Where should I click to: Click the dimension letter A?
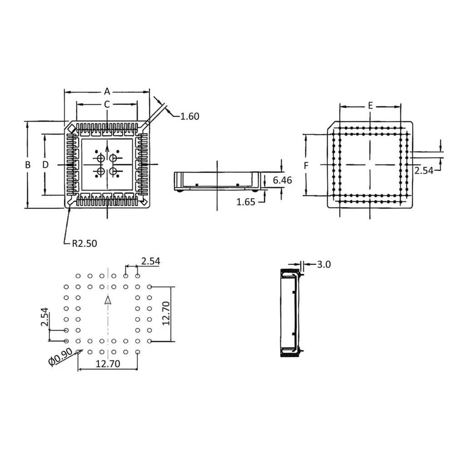[107, 90]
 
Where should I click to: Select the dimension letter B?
[28, 165]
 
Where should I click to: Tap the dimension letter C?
[107, 104]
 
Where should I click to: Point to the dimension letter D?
[45, 165]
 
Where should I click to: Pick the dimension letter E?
[370, 105]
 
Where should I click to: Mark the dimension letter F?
[306, 166]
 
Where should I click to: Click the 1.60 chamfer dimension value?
[189, 116]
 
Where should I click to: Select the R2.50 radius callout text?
[84, 243]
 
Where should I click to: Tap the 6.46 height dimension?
[282, 180]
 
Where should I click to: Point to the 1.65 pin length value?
[246, 202]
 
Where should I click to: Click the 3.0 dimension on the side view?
[324, 264]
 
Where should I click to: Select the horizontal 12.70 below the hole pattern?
[107, 364]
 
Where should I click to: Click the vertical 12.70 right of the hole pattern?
[166, 313]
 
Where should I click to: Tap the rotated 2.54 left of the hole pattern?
[44, 317]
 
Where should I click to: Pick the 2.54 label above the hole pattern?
[150, 261]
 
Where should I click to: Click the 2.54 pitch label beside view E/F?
[424, 170]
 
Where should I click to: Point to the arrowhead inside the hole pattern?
[108, 301]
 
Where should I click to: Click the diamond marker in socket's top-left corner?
[72, 130]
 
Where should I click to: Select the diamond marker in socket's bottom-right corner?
[143, 200]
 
